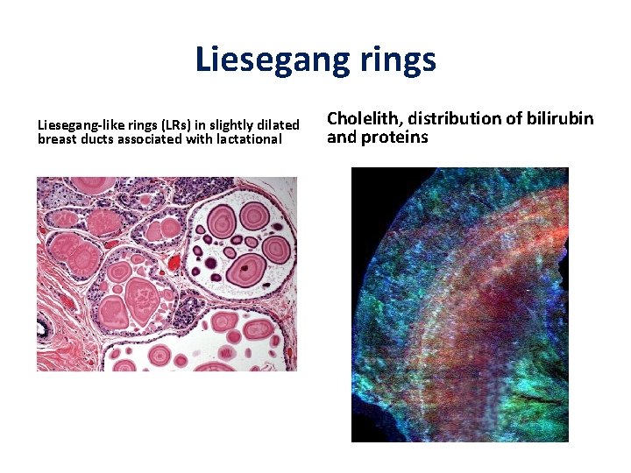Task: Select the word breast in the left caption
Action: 57,138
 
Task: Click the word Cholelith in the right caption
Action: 360,118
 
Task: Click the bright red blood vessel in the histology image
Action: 173,262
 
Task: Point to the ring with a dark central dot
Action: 251,266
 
